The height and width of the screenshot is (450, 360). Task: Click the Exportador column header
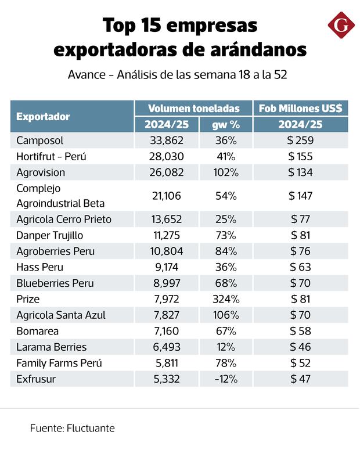(43, 116)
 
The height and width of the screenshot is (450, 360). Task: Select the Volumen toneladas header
(193, 108)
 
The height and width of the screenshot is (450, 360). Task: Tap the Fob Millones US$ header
(301, 108)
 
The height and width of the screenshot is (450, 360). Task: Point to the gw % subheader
(225, 124)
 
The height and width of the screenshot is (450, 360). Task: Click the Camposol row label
(40, 141)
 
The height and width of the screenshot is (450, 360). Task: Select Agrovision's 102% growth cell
(225, 172)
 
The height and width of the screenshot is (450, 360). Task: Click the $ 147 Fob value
(301, 196)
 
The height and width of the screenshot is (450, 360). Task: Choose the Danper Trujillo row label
(50, 235)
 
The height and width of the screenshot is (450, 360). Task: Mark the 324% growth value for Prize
(225, 300)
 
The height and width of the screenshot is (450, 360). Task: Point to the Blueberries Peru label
(55, 283)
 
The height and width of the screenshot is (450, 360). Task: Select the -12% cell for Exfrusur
(225, 379)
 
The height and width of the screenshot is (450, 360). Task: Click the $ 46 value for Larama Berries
(301, 347)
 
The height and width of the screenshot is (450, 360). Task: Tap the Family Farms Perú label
(59, 363)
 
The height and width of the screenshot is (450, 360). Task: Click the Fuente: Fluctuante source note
(72, 429)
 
